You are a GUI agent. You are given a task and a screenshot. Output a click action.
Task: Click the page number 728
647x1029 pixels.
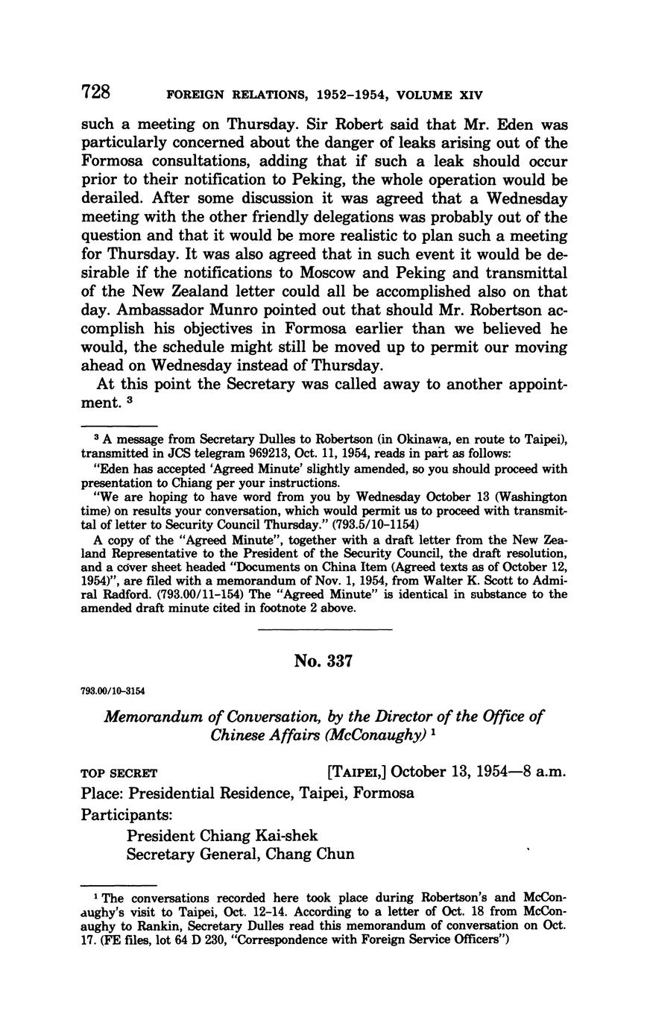(x=95, y=92)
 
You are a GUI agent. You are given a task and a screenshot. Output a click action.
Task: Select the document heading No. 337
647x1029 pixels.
(x=323, y=661)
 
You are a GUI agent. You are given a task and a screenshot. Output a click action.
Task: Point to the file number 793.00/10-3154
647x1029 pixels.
(x=114, y=691)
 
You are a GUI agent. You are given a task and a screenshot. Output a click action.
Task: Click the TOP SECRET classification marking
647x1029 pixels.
(x=119, y=772)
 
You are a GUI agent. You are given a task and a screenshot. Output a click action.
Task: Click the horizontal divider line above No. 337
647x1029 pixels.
(x=324, y=630)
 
